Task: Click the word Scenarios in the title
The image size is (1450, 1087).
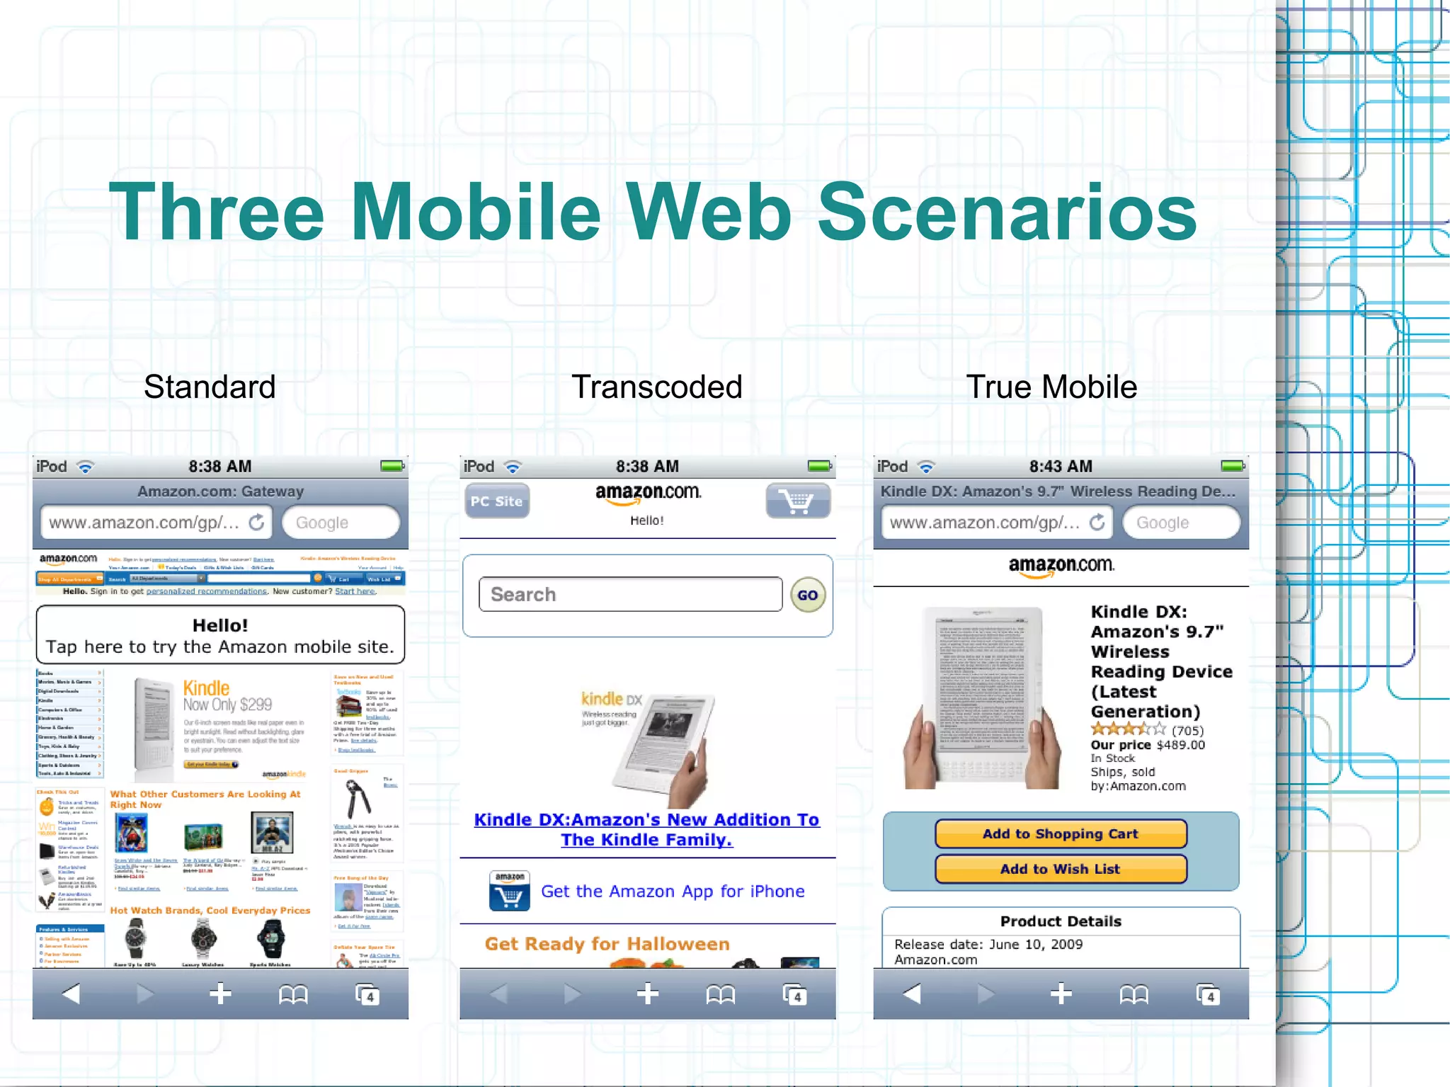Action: [x=1006, y=212]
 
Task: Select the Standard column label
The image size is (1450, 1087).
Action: [x=210, y=387]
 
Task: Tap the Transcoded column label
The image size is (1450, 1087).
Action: [x=656, y=387]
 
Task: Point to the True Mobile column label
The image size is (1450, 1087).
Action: [x=1051, y=387]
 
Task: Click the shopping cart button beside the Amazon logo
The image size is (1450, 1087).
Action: [x=797, y=501]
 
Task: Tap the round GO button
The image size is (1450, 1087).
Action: [x=807, y=595]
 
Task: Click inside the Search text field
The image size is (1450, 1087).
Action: [x=630, y=594]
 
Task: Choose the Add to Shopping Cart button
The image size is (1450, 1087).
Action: [x=1060, y=833]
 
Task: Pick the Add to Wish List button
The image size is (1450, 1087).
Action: [x=1060, y=869]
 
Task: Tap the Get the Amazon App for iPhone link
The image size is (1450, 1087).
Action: [x=673, y=891]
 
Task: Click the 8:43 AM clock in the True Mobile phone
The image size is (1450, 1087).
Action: [x=1061, y=466]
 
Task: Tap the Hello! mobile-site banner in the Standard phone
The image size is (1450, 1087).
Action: [x=220, y=635]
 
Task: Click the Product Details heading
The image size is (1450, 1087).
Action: [x=1061, y=921]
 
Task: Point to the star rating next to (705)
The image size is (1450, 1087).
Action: [x=1128, y=729]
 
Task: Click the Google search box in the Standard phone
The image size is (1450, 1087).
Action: [x=341, y=523]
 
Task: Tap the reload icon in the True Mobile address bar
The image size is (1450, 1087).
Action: [x=1097, y=522]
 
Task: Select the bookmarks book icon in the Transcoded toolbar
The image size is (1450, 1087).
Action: [x=720, y=995]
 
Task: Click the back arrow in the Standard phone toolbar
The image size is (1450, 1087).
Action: [x=71, y=994]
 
